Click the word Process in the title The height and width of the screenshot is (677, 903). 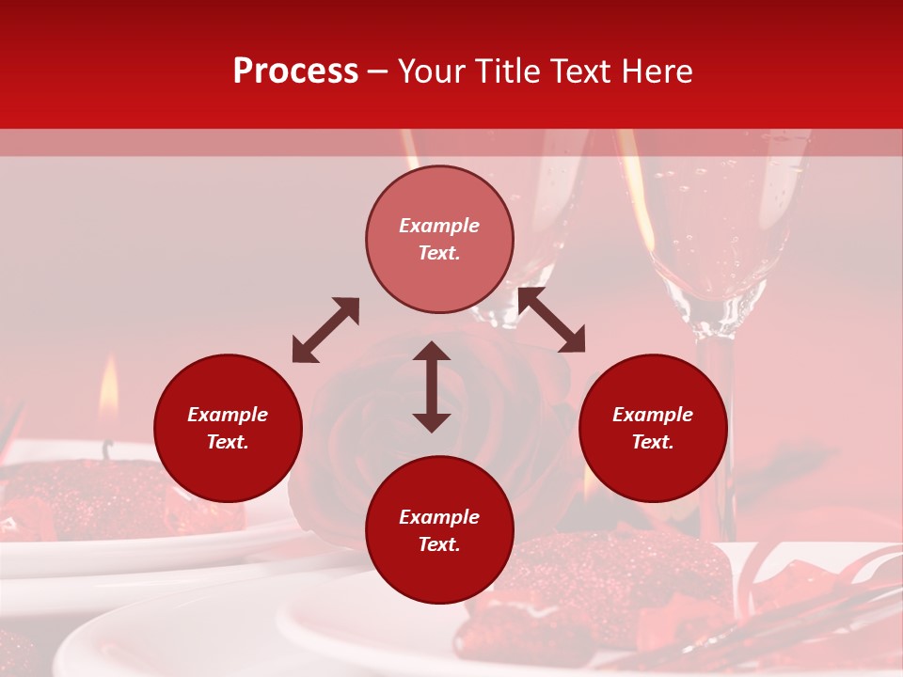[295, 71]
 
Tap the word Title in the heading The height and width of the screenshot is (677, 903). [504, 71]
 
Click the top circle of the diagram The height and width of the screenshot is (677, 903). [439, 240]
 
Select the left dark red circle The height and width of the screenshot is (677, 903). [228, 428]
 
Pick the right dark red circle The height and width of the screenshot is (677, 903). [653, 428]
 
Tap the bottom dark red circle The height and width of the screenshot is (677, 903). [439, 530]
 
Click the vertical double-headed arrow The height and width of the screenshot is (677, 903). [432, 386]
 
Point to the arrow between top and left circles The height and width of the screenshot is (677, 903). [325, 330]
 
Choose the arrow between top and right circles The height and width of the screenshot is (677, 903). [551, 320]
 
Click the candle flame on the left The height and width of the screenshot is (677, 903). [109, 388]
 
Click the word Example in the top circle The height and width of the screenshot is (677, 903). [439, 226]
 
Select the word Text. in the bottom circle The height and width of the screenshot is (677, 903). [439, 544]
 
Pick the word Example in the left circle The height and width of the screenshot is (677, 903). [228, 415]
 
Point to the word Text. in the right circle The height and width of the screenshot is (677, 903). [653, 442]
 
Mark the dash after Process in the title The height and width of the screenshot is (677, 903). [377, 71]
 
